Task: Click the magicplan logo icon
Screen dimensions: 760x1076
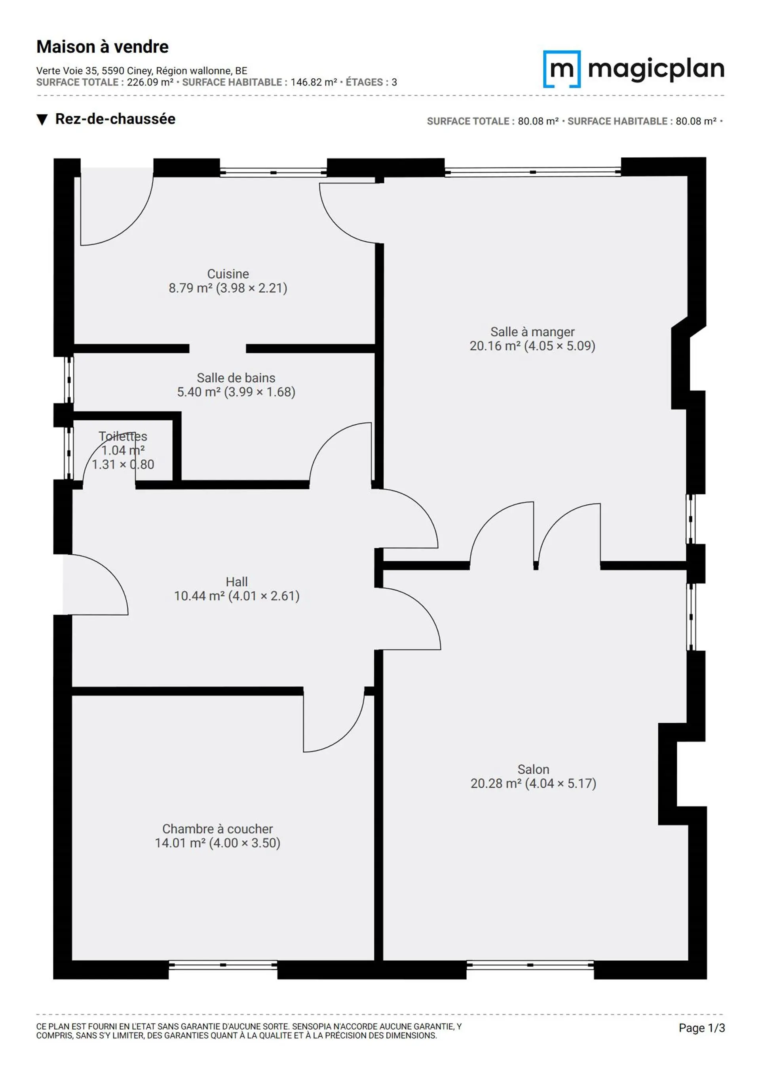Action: (x=562, y=69)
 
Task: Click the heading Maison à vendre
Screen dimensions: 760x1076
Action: (x=103, y=47)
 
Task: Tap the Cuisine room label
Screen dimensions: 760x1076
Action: (x=228, y=274)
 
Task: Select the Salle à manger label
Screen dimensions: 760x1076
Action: (x=532, y=332)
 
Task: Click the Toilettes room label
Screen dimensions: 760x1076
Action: (x=123, y=436)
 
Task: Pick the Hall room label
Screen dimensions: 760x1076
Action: (x=236, y=582)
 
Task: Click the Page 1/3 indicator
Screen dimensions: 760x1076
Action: (x=702, y=1028)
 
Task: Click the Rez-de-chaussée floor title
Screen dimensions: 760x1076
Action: (x=115, y=119)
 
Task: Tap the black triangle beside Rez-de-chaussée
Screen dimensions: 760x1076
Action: (x=42, y=120)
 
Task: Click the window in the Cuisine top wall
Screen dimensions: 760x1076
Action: (x=274, y=172)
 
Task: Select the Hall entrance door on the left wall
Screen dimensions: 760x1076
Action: (x=95, y=584)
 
